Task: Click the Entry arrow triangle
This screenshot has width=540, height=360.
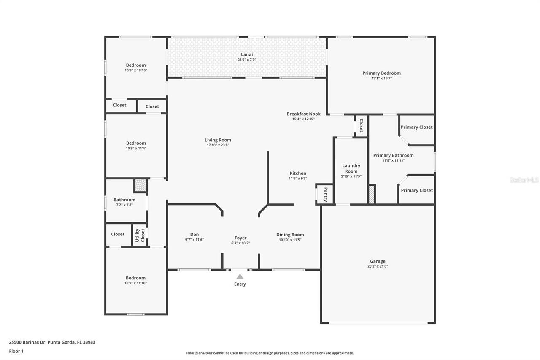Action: (240, 276)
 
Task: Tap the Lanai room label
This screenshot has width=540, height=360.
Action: (247, 54)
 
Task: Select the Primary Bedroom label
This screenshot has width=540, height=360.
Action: (381, 73)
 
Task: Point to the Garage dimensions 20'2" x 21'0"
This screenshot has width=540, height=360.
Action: (378, 266)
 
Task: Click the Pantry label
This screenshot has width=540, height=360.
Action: (325, 195)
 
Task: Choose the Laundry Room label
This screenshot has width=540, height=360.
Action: (351, 168)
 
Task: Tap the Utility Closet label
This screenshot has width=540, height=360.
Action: (140, 236)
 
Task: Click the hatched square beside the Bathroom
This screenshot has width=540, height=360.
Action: (140, 185)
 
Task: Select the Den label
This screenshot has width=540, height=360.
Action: (194, 235)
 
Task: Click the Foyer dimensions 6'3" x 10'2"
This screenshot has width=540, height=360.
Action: (240, 243)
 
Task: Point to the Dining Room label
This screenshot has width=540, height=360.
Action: (290, 235)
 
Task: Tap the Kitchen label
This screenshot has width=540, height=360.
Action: (298, 173)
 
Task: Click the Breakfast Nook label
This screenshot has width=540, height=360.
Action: (303, 114)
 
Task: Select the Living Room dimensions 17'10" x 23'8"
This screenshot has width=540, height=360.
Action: (218, 145)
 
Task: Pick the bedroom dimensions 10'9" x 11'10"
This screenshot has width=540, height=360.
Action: (135, 283)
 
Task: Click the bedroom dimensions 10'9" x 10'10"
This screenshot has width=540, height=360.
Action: (135, 70)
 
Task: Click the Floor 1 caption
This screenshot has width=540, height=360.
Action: (16, 351)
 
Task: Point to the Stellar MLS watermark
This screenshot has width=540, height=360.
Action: (524, 180)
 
